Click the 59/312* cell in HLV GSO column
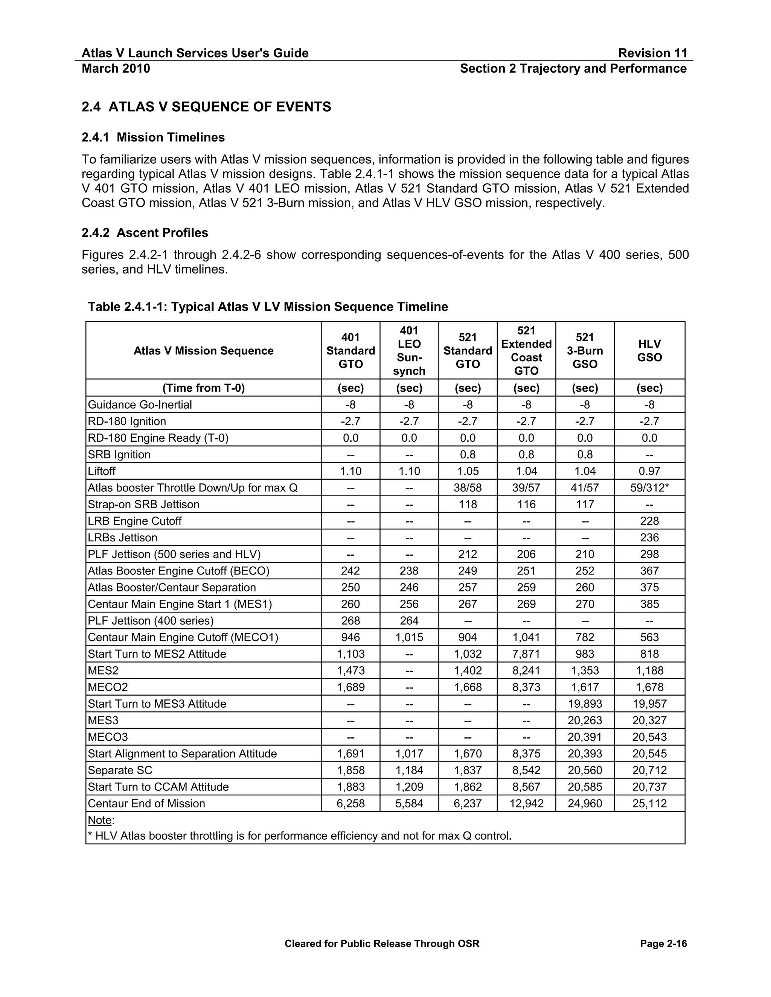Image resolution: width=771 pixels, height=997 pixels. click(649, 488)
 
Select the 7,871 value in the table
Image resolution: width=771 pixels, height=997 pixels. click(526, 654)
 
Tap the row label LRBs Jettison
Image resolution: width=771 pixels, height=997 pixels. click(122, 537)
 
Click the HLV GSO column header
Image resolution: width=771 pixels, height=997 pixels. click(649, 350)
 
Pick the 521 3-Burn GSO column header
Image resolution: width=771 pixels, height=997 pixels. click(585, 350)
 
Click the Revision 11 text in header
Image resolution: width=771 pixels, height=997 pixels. click(652, 53)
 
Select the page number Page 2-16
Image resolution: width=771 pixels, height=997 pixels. click(663, 944)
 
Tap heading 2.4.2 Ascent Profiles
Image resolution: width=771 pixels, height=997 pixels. click(145, 233)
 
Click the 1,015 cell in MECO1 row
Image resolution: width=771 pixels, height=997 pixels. click(409, 637)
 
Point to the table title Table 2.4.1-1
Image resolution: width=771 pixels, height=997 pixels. click(268, 306)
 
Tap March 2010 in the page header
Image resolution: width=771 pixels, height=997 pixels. click(116, 68)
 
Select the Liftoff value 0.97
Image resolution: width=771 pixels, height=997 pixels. click(649, 471)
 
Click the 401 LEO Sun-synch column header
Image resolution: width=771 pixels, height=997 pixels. click(409, 350)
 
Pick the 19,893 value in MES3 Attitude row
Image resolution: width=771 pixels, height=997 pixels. click(585, 704)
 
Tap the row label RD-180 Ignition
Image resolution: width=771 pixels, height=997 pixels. click(127, 421)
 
